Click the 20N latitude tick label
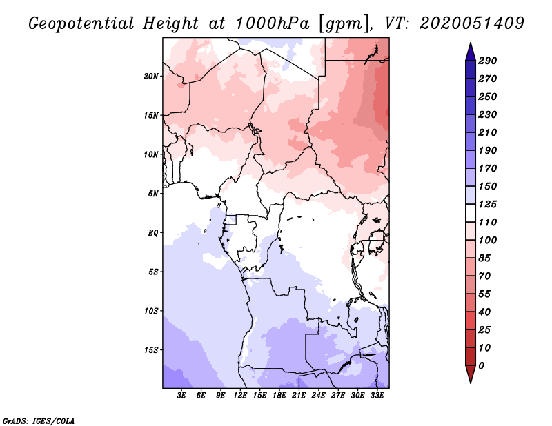coord(151,76)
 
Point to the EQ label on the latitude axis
coord(153,232)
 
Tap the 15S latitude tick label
coord(151,350)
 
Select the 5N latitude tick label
coord(153,194)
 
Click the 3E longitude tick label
coord(182,396)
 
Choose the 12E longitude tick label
coord(241,396)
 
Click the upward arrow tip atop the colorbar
coord(469,44)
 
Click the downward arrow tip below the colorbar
coord(469,381)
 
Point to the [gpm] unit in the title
coord(342,23)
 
